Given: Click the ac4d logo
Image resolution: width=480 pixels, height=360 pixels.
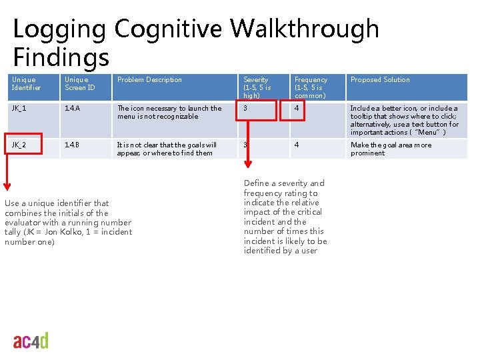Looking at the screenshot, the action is coord(31,341).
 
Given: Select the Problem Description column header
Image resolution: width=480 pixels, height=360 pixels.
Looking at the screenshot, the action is coord(149,80).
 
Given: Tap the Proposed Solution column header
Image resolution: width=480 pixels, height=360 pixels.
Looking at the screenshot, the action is coord(380,80).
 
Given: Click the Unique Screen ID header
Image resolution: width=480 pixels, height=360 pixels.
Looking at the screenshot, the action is coord(79,83).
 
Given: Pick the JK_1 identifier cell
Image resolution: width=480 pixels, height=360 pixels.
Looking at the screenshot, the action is coord(19,108).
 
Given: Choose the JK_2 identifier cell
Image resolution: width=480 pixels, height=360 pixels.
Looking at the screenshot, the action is coord(19,145).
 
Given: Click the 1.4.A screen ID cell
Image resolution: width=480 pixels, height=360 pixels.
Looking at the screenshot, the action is coord(72,108).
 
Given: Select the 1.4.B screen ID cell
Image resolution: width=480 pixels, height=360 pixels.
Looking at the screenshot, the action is coord(72,145).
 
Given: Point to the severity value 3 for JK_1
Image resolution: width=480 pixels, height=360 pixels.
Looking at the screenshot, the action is coord(246,108).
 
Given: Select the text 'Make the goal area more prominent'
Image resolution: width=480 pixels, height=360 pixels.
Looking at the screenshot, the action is coord(391,149).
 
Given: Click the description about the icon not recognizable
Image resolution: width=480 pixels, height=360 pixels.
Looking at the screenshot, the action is coord(169,112).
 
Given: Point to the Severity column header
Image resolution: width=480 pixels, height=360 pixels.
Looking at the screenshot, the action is coord(257,87).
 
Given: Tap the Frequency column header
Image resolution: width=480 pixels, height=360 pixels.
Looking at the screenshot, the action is coord(311,87).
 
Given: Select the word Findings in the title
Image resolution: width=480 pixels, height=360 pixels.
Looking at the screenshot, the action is coord(61,57).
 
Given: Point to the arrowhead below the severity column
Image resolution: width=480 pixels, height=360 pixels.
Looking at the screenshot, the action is coord(248,166).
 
